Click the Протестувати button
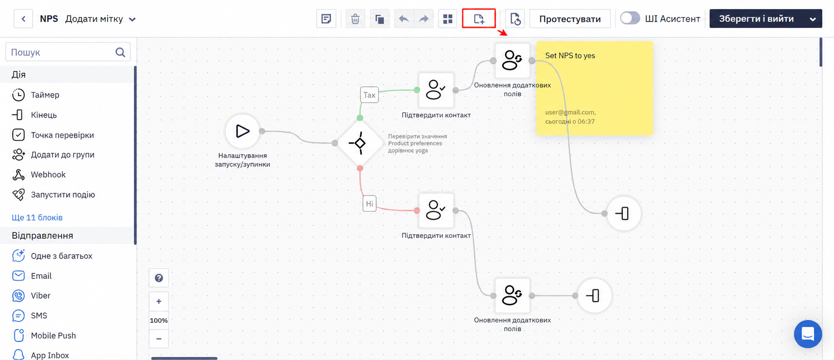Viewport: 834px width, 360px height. pos(570,19)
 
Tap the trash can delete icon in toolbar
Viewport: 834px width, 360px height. pos(355,19)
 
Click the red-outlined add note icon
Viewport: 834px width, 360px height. pos(479,18)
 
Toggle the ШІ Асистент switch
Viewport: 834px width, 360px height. pos(630,18)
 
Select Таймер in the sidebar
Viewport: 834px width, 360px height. pos(45,95)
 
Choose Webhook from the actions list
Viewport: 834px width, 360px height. pos(48,175)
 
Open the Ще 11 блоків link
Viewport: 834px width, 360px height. pos(37,218)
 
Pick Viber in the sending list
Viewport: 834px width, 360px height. pos(41,296)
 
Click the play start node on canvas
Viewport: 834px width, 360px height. pos(242,131)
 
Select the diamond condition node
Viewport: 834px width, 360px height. pos(360,143)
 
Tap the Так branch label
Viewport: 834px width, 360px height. pos(369,95)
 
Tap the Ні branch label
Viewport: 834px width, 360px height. pos(369,204)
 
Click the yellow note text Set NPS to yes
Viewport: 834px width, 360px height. pos(570,55)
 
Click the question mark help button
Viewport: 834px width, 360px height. pos(159,278)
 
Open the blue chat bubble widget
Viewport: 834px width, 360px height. pos(808,334)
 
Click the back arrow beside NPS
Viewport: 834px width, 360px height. pos(24,19)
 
